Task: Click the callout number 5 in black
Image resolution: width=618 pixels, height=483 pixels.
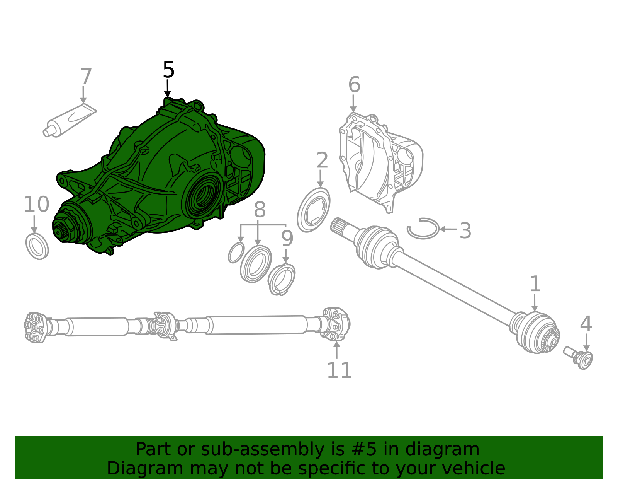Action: point(168,70)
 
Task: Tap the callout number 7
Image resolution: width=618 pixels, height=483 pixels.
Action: point(86,77)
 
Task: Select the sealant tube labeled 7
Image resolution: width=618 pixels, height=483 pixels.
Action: point(70,120)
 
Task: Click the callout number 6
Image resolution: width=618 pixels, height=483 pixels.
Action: point(354,85)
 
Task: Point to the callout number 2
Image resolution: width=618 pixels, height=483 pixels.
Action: point(322,160)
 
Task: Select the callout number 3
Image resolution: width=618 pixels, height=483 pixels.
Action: point(465,230)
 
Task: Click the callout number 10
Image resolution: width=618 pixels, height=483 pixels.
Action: point(36,204)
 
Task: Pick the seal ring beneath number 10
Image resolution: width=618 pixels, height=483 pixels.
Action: point(37,246)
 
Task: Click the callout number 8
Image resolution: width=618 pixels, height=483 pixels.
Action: point(260,210)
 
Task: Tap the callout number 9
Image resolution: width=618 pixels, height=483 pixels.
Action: point(287,239)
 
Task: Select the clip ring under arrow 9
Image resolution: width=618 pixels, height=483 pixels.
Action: point(282,279)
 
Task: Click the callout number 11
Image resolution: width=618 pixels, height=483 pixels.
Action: point(339,370)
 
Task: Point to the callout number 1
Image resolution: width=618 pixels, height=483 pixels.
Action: point(535,284)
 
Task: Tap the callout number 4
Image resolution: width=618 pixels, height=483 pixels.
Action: point(586,324)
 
